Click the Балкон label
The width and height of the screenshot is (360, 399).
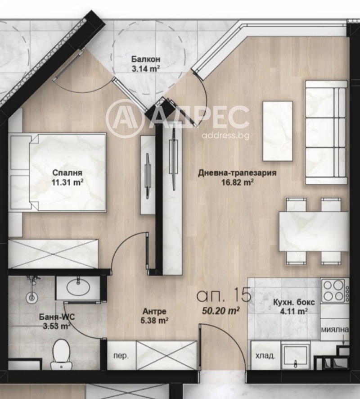point(146,59)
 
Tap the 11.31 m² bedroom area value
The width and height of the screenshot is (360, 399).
point(67,182)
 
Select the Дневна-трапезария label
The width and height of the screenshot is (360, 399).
point(237,173)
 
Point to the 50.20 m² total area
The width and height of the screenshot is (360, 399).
point(220,310)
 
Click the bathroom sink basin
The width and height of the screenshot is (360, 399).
point(78,287)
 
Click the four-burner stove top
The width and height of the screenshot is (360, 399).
point(333,290)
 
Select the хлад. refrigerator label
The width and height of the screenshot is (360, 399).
point(265,355)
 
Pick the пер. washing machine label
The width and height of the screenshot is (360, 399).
point(121,356)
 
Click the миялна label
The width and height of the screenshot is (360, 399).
point(335,330)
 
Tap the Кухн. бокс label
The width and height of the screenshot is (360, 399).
point(294,302)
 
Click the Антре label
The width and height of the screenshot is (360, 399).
point(154,311)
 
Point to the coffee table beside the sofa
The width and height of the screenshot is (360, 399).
point(278,131)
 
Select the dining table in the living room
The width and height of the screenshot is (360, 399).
point(314,231)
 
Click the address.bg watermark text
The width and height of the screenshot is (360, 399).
point(225,136)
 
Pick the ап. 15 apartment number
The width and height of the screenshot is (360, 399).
point(224,295)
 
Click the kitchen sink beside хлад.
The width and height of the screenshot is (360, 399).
point(297,356)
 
